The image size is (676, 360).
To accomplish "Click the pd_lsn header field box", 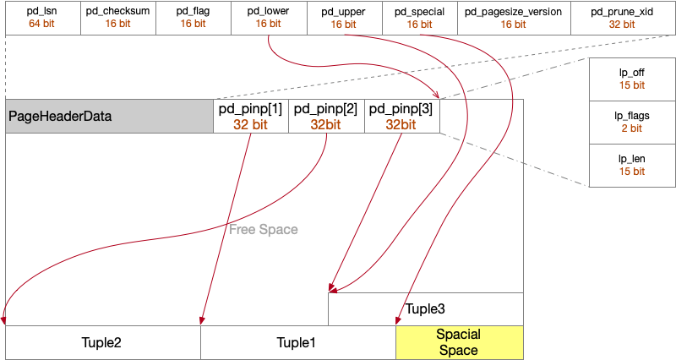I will click(42, 18).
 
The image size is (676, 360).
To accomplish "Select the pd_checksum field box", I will click(117, 18).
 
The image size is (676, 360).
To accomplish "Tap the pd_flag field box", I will click(193, 18).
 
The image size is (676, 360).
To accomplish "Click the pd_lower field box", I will click(268, 18).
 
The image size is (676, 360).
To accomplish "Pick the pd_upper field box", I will click(343, 18).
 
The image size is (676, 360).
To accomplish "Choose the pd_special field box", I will click(419, 18).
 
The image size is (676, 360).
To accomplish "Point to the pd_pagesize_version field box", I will click(514, 18).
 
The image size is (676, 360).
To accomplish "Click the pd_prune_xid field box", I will click(624, 18).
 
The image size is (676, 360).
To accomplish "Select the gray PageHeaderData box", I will click(109, 116).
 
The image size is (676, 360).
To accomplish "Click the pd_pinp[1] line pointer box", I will click(251, 116).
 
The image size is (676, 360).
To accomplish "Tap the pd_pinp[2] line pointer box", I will click(326, 116).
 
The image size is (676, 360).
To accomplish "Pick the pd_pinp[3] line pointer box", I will click(402, 116).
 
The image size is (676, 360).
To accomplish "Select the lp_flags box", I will click(631, 123).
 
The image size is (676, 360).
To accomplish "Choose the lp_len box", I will click(631, 166).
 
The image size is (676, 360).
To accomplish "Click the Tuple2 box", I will click(102, 342).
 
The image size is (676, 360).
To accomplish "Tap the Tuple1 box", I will click(297, 342).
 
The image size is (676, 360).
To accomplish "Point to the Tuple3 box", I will click(425, 308).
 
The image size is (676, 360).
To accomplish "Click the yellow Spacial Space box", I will click(460, 342).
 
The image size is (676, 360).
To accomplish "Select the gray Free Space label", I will click(264, 229).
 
